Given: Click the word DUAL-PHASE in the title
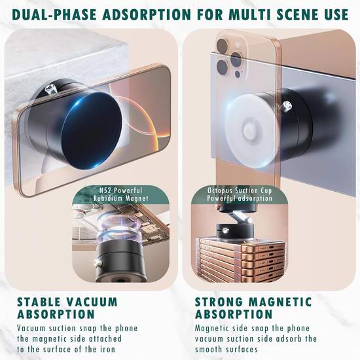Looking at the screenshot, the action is point(54,14).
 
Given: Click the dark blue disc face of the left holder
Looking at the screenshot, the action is point(92,132).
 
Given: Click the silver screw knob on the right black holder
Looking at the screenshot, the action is point(287,106).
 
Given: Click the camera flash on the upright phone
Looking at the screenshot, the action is point(238,44).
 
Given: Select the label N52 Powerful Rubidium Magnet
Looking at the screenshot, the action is point(121,194).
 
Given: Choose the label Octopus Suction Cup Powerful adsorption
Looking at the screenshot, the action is point(240,194).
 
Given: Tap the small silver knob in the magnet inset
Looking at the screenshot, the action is point(98,263).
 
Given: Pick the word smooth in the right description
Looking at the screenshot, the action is point(208,350).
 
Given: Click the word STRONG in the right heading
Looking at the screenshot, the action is point(219,302).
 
